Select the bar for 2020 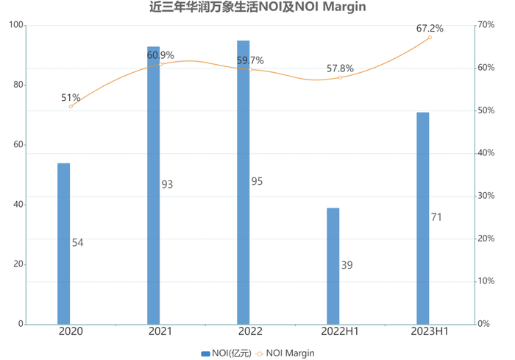pos(64,243)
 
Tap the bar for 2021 pos(154,185)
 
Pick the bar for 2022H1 pos(333,266)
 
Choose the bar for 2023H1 pos(423,218)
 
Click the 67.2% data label pos(430,29)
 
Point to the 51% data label pos(71,98)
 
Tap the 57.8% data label pos(340,68)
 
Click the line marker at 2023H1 pos(430,38)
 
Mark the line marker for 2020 pos(71,106)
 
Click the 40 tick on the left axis pos(17,205)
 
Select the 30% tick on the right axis pos(485,196)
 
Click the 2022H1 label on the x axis pos(340,332)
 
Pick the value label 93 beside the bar pos(167,185)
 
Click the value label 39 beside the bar pos(347,265)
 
